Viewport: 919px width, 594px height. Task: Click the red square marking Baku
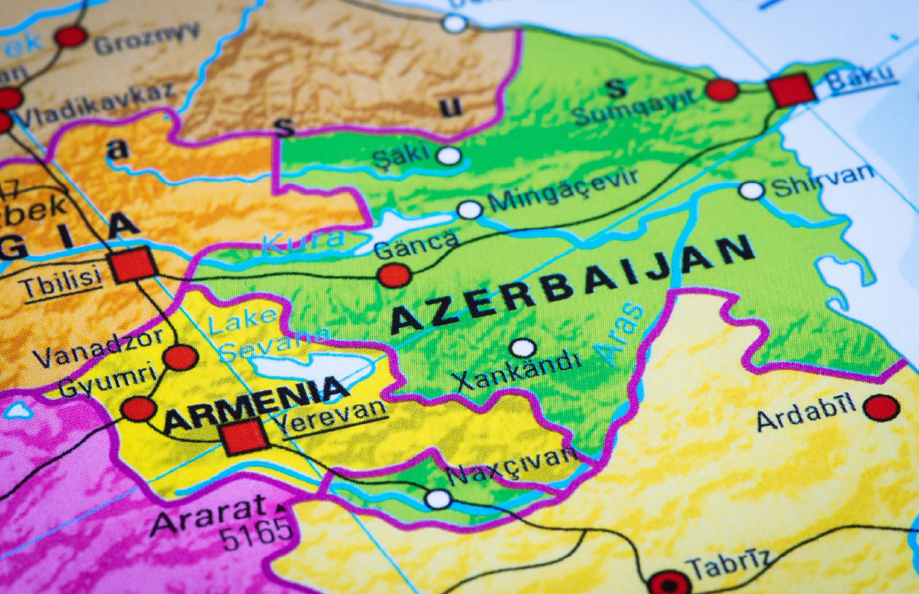point(792,90)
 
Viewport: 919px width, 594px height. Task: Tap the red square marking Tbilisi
point(133,264)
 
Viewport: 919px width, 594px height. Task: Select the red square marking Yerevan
point(245,437)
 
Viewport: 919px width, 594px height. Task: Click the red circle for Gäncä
point(394,275)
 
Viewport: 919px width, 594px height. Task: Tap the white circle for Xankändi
point(523,348)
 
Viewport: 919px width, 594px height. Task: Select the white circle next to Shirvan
point(751,190)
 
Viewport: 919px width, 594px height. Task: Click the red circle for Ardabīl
point(881,407)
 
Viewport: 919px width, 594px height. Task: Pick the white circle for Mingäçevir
point(470,210)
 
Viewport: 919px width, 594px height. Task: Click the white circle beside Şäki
point(449,156)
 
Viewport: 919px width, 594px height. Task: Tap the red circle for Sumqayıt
point(722,90)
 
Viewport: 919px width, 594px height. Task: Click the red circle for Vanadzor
point(180,357)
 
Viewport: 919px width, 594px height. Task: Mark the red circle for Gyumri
point(138,409)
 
